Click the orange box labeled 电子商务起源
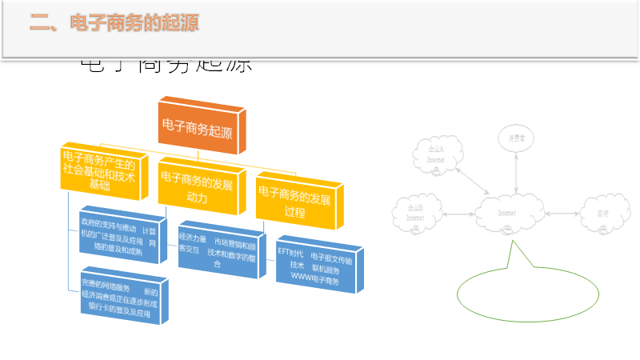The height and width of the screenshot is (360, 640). tap(198, 126)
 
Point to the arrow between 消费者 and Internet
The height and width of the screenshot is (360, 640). tap(513, 172)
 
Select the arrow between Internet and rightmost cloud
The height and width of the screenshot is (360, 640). tap(562, 214)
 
